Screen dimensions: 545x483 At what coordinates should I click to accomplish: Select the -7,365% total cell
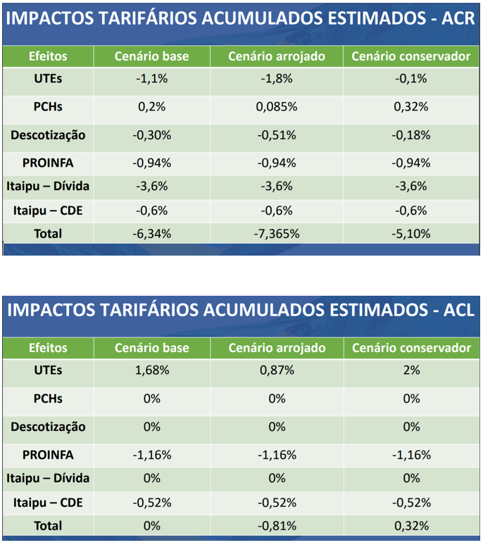277,234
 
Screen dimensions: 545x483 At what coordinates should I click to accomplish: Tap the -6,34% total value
152,234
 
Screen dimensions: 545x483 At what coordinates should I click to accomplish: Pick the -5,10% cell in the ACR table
412,234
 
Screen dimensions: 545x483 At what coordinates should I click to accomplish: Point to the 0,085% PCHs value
277,107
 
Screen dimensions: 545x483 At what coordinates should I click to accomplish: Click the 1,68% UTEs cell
152,370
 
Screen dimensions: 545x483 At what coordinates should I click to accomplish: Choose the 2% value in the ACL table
412,370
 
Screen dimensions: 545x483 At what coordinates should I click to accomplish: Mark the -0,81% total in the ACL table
277,525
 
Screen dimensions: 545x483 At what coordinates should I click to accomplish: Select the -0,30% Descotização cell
152,135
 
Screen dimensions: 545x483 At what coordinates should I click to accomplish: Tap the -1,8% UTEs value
277,79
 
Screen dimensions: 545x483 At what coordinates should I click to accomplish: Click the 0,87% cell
277,370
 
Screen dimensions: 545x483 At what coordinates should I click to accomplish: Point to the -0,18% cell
412,135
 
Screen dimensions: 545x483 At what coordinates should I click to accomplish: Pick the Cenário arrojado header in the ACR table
277,56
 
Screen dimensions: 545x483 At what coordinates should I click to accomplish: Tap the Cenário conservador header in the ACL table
412,348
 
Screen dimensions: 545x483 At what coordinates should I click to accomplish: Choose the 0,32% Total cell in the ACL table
412,525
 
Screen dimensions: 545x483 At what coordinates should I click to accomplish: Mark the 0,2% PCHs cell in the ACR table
152,107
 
